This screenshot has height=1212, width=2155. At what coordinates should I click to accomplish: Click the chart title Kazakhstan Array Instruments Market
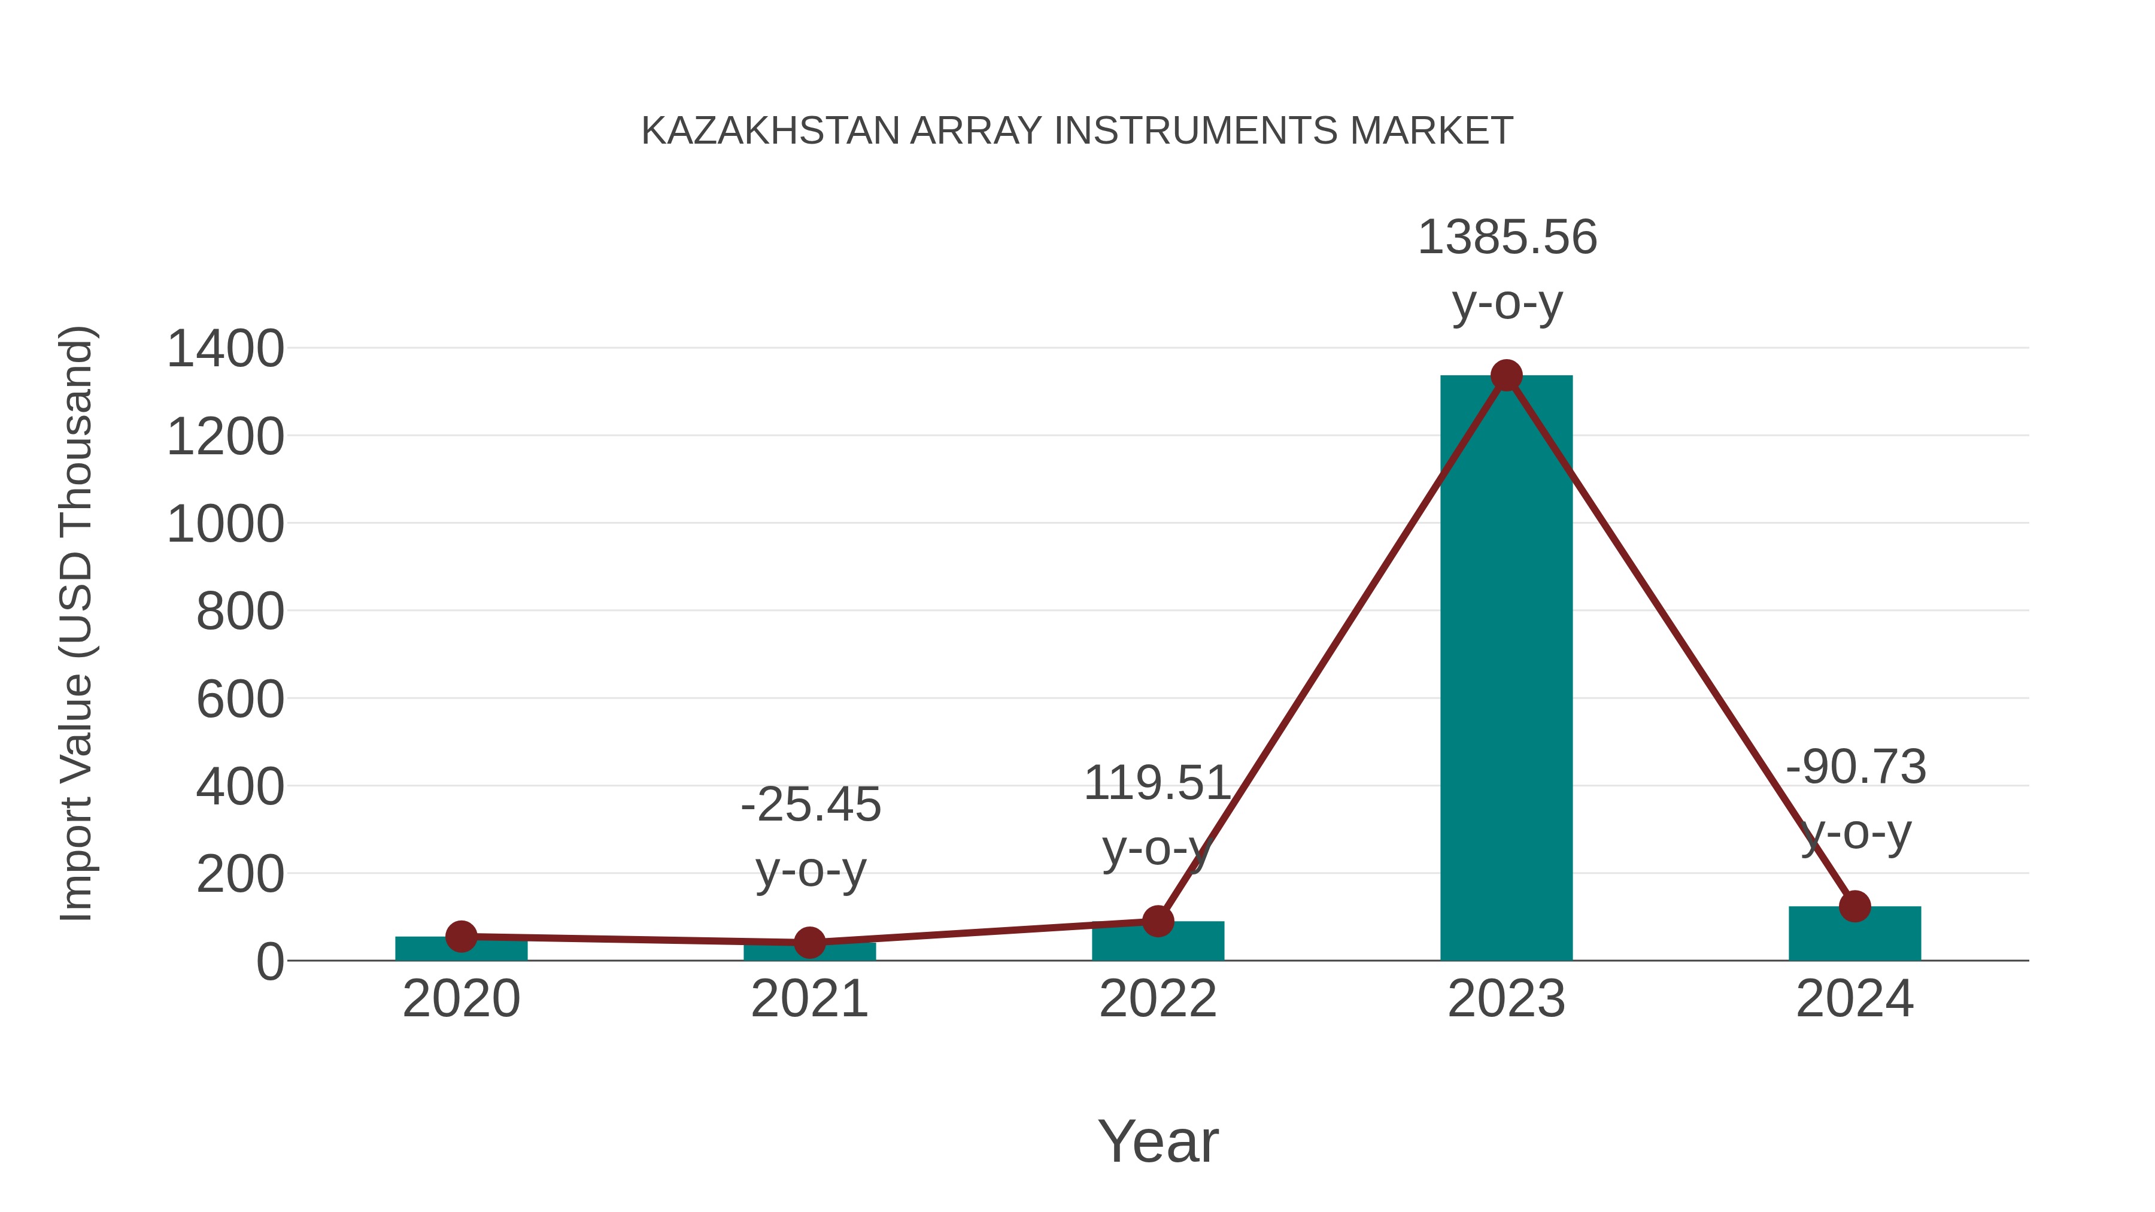pyautogui.click(x=1077, y=131)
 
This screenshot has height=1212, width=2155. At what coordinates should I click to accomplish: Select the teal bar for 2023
pyautogui.click(x=1506, y=669)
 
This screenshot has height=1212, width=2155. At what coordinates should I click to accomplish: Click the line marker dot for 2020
pyautogui.click(x=461, y=937)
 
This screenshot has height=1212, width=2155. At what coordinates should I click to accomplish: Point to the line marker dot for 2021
pyautogui.click(x=809, y=943)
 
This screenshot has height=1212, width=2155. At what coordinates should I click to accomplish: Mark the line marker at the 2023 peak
pyautogui.click(x=1506, y=375)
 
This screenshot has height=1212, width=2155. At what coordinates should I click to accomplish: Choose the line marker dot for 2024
pyautogui.click(x=1854, y=906)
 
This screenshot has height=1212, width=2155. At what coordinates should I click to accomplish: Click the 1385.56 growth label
pyautogui.click(x=1507, y=238)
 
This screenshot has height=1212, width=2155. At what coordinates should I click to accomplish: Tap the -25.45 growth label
pyautogui.click(x=811, y=804)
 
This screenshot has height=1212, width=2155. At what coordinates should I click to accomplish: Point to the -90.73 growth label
pyautogui.click(x=1856, y=767)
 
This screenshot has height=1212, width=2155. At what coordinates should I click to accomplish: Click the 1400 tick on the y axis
pyautogui.click(x=225, y=349)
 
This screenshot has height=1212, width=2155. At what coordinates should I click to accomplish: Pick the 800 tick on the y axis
pyautogui.click(x=240, y=612)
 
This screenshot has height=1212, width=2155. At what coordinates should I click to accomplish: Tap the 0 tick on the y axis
pyautogui.click(x=270, y=962)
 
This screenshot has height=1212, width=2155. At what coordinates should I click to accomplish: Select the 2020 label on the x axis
pyautogui.click(x=461, y=1000)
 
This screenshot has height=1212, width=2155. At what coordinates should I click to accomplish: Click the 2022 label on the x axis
pyautogui.click(x=1158, y=1000)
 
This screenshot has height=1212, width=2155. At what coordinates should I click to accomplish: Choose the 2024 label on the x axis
pyautogui.click(x=1854, y=1000)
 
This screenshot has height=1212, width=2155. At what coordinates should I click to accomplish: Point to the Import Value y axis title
pyautogui.click(x=76, y=623)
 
